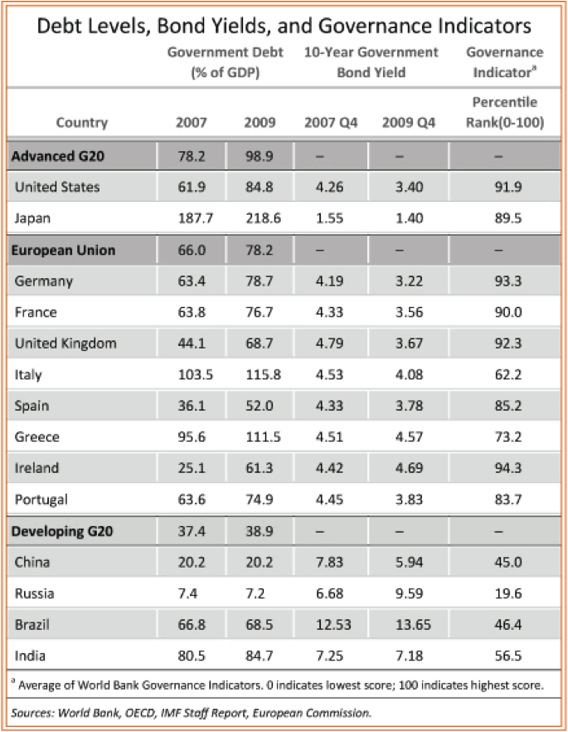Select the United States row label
57,187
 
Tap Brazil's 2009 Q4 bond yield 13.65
403,624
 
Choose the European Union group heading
62,250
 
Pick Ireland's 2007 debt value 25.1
192,468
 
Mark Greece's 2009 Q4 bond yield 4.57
403,437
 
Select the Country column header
81,123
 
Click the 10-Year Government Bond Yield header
371,62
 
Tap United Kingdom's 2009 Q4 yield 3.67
403,343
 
